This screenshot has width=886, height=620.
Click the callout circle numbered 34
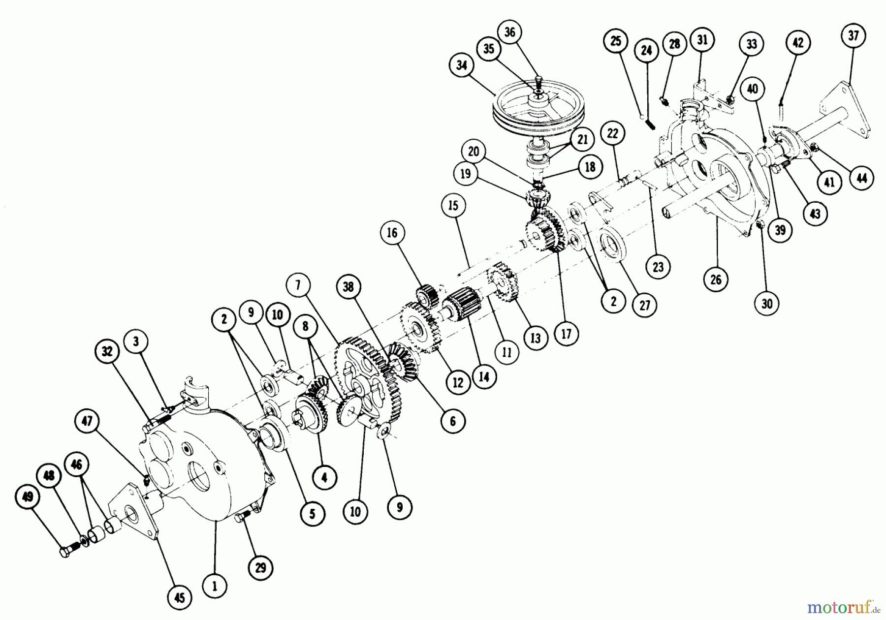[x=461, y=65]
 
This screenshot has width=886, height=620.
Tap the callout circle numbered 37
[x=853, y=35]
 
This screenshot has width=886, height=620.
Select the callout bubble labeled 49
[x=28, y=496]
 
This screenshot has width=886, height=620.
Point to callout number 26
[x=716, y=279]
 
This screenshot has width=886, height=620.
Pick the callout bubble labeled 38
[x=348, y=286]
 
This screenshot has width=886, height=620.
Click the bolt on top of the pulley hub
[x=539, y=81]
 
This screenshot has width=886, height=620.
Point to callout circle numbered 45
[x=180, y=597]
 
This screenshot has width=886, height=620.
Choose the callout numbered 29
[x=260, y=568]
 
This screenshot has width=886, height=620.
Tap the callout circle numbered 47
[x=89, y=422]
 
